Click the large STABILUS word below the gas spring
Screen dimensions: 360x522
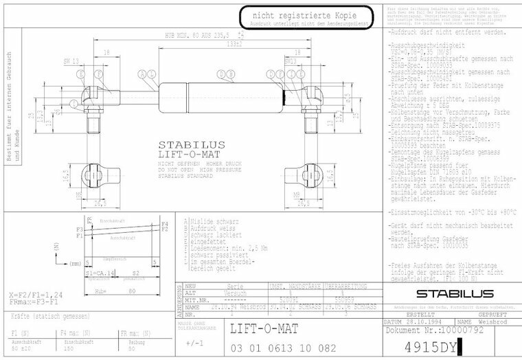191,145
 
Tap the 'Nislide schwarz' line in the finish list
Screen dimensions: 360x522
210,221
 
